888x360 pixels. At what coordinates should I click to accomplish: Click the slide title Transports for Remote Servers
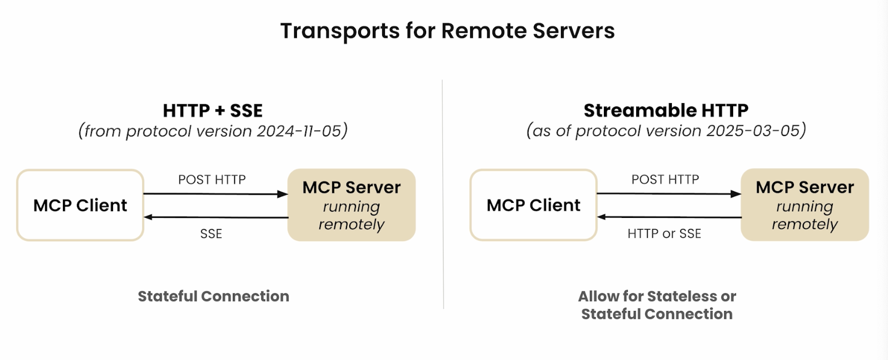point(447,31)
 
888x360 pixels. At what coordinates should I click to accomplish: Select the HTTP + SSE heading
point(213,110)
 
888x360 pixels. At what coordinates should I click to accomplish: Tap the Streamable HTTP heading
point(666,110)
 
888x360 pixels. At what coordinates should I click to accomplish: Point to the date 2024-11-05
point(299,131)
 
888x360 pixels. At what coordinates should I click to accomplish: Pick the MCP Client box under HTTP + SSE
point(80,205)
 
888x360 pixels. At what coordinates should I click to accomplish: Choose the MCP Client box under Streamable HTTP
point(534,205)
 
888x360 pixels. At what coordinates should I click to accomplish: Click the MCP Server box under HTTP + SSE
point(352,205)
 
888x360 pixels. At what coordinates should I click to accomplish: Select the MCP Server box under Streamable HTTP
point(805,205)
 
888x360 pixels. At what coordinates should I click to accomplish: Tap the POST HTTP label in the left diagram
point(212,179)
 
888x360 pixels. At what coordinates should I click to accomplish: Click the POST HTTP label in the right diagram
point(665,179)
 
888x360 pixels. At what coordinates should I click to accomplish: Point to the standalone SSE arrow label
point(211,233)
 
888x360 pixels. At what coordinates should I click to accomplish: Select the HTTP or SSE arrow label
point(665,233)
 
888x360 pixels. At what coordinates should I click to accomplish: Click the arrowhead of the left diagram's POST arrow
point(283,194)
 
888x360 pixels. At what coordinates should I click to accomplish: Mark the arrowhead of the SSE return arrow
point(148,217)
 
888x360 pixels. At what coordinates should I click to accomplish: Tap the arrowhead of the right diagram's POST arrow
point(736,193)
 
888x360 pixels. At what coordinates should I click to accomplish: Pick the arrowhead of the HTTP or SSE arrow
point(602,216)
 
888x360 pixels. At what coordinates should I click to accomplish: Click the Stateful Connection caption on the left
point(213,296)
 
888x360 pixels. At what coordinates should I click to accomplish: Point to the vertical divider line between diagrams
point(443,194)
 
